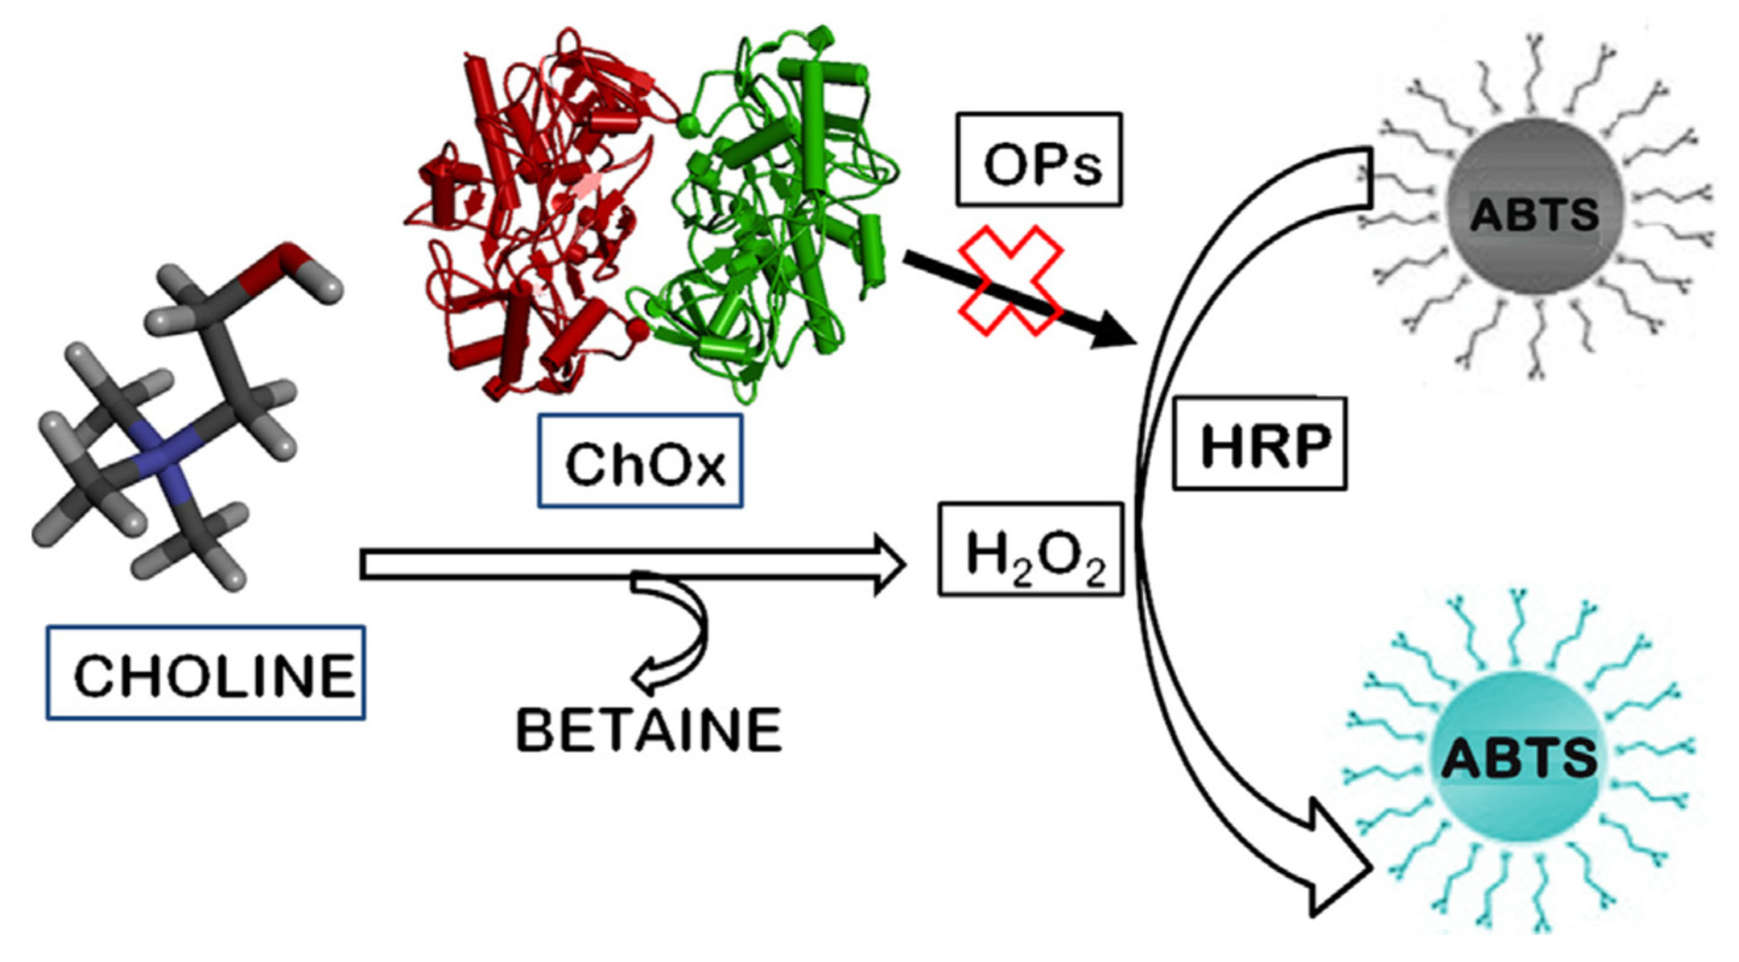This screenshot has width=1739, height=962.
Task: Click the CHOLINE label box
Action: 206,672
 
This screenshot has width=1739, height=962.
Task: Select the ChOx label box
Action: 640,461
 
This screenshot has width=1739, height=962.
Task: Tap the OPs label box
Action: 1038,159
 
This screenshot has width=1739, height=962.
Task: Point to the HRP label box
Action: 1260,444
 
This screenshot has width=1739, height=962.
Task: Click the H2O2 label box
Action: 1031,549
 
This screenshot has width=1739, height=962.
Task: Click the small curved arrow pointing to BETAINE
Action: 675,635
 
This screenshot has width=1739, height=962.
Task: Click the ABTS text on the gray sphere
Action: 1534,215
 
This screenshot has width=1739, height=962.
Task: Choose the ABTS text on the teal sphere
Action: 1519,758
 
